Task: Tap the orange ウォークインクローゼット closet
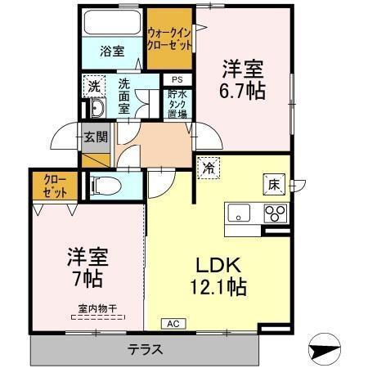pos(169,38)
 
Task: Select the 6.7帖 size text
pos(242,91)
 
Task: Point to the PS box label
pos(177,79)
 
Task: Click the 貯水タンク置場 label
pos(177,104)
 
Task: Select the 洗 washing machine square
pos(94,85)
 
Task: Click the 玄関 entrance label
pos(95,137)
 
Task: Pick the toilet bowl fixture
pos(105,186)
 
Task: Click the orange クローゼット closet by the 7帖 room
pos(49,185)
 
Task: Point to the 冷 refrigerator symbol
pos(209,168)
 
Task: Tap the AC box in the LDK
pos(173,324)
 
